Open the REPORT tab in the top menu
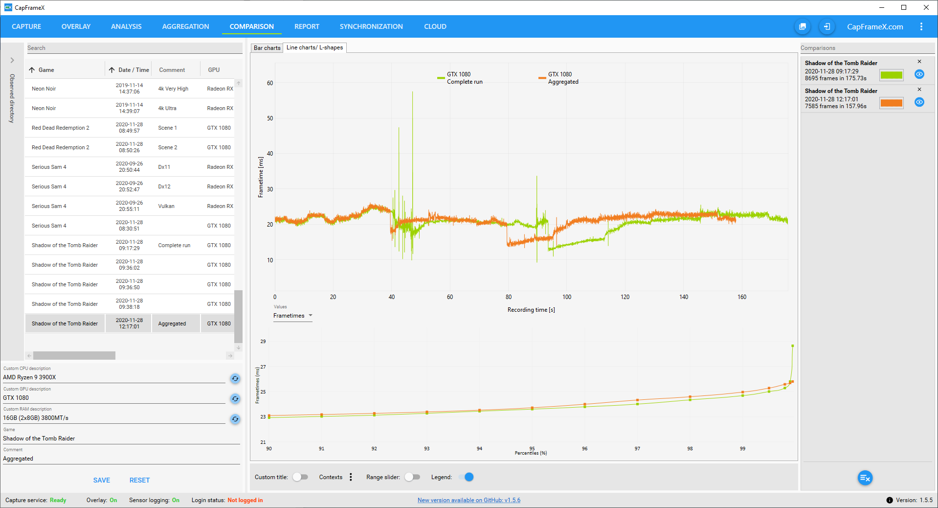(x=307, y=26)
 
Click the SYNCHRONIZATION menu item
(x=371, y=26)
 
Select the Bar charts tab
(x=267, y=48)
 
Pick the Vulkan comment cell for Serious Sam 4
(x=166, y=206)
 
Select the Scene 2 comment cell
(x=168, y=147)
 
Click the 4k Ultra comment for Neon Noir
(x=167, y=108)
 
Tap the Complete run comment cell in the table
(x=174, y=245)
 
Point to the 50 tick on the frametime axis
(x=270, y=118)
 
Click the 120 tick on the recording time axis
(x=625, y=297)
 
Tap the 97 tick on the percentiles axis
(x=637, y=448)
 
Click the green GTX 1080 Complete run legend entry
(x=460, y=78)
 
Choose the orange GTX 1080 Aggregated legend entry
(x=559, y=78)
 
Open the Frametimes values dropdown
(x=292, y=316)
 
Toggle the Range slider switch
(x=412, y=477)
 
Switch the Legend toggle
(x=468, y=477)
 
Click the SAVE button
(x=102, y=480)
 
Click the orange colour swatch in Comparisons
(x=891, y=103)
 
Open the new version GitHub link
(x=469, y=500)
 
